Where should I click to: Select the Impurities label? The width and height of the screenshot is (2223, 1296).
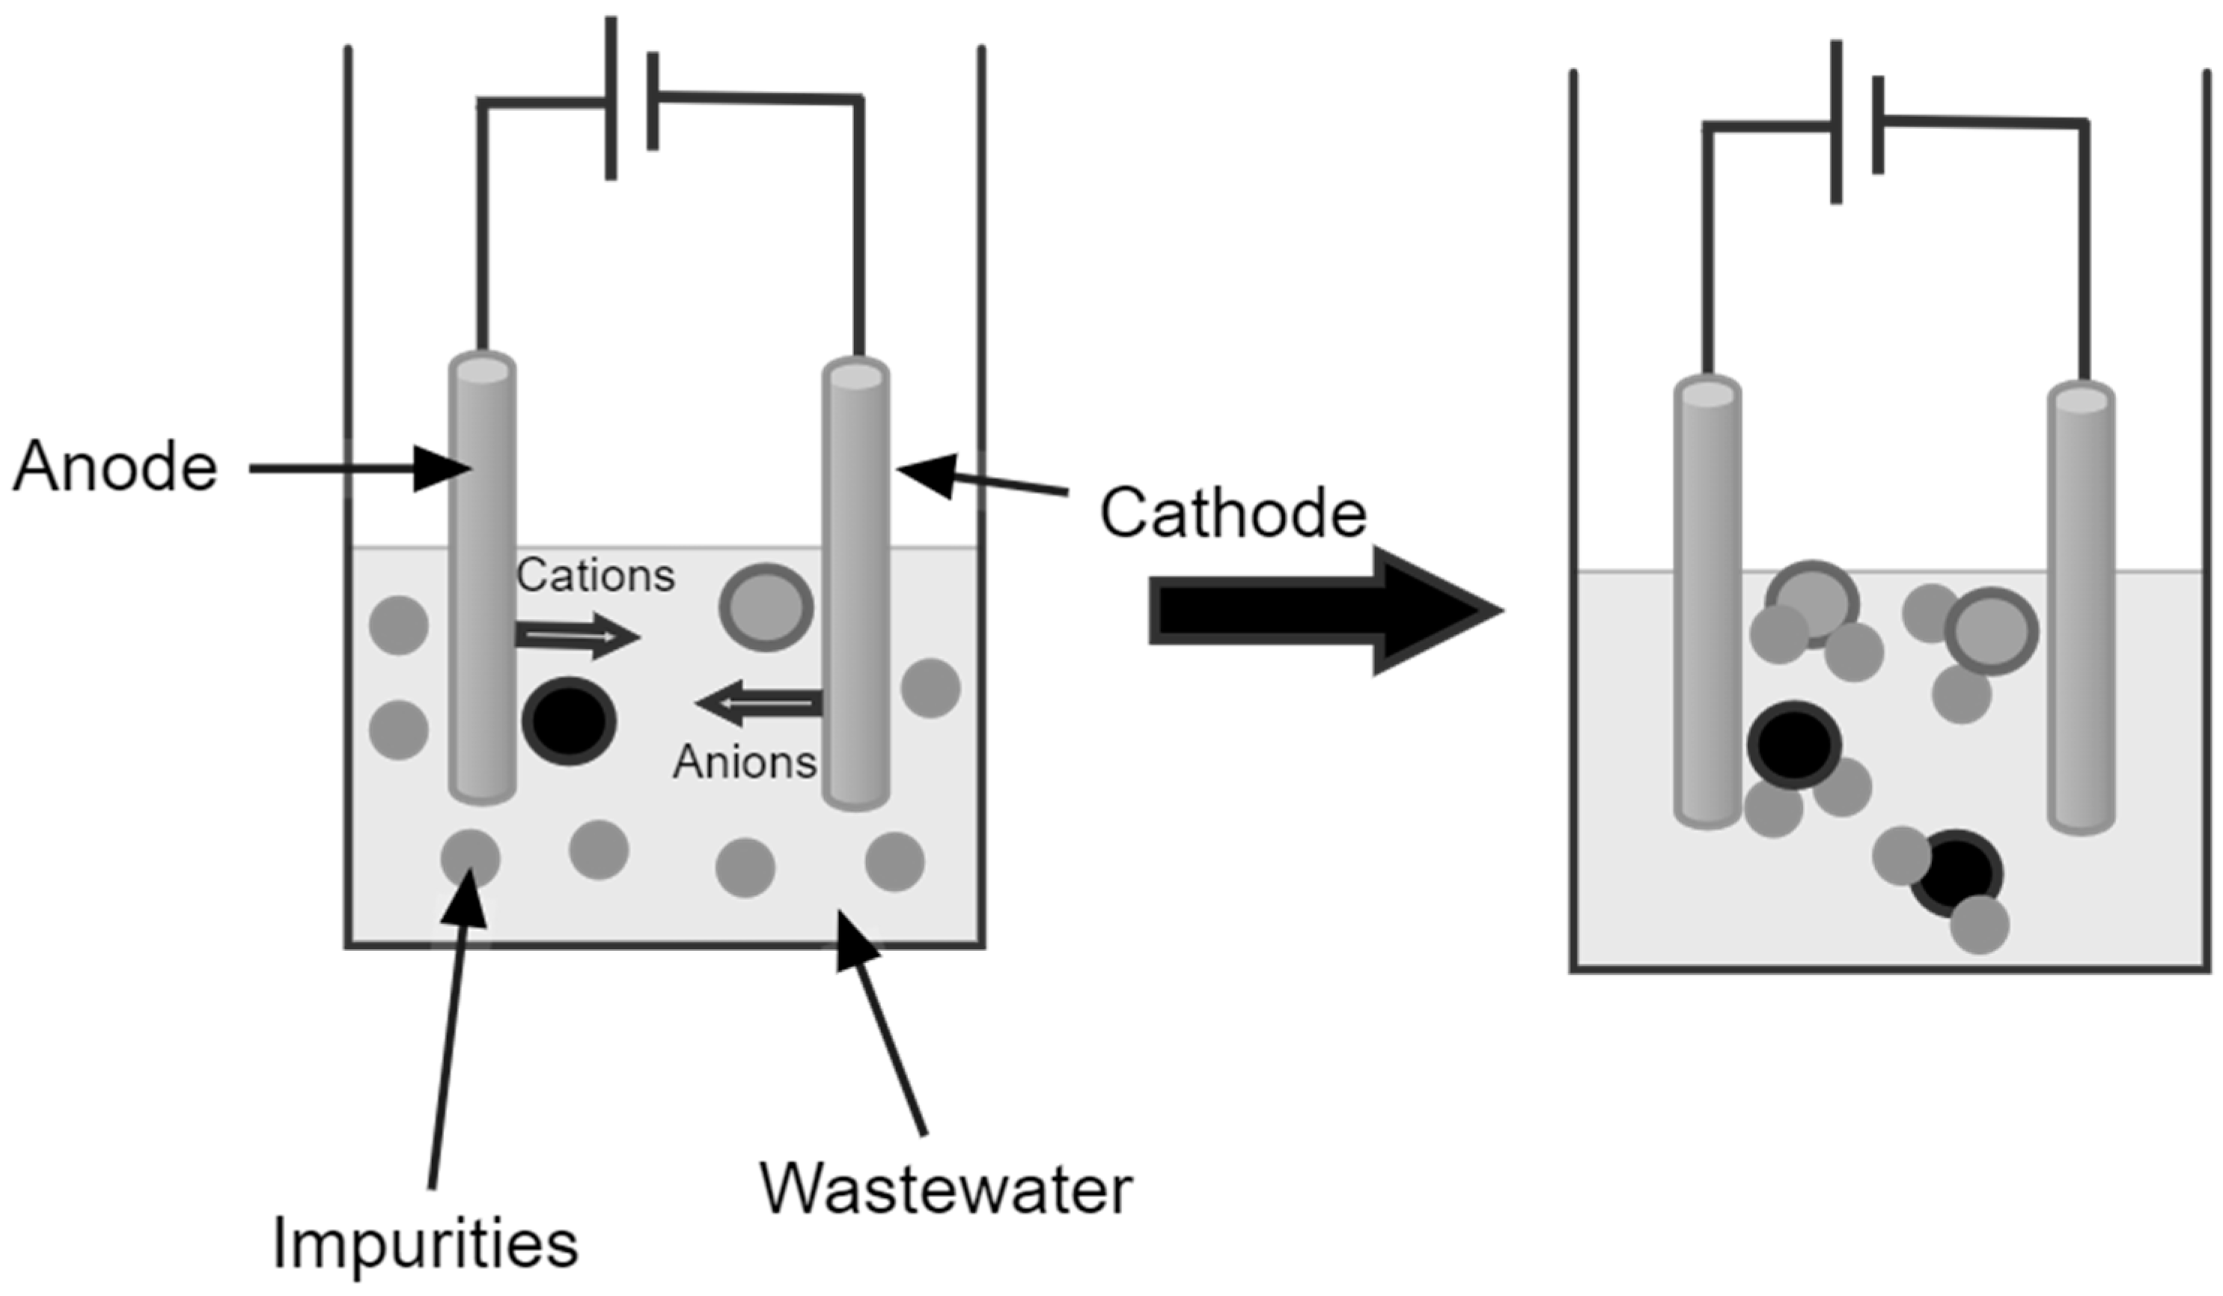[x=425, y=1244]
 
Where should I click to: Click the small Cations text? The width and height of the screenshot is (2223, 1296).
[x=596, y=576]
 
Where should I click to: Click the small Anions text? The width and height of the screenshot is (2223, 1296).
[x=745, y=761]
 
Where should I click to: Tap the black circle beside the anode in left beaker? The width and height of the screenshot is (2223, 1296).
[x=569, y=721]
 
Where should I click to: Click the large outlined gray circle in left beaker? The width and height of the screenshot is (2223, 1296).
[x=765, y=607]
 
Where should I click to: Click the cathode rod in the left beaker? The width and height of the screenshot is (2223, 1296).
[x=856, y=582]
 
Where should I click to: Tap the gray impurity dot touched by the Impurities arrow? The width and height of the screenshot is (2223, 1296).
[x=470, y=857]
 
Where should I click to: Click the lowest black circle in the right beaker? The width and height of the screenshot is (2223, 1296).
[x=1956, y=874]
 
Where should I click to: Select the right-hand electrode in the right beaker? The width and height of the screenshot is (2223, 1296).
[x=2081, y=609]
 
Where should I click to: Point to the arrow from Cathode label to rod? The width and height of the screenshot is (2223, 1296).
[x=979, y=481]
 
